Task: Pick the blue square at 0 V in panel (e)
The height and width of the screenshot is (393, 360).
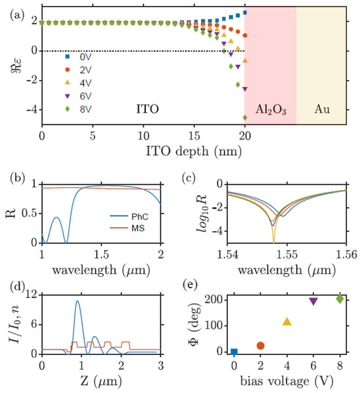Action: point(234,352)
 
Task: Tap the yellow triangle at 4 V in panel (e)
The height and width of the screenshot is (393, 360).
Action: point(287,322)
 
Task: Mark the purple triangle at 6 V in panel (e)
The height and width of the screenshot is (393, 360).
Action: point(313,301)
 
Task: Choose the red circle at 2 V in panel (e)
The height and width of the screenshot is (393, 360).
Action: point(261,346)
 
